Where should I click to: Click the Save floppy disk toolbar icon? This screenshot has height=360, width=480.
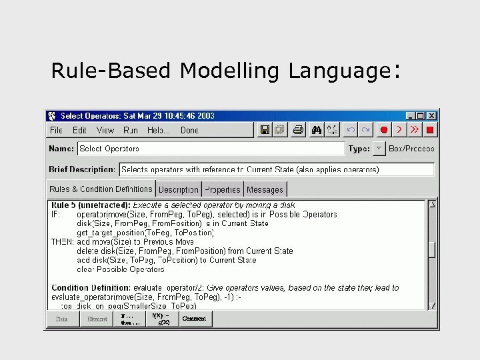265,129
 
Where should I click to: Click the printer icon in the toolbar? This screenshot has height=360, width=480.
299,129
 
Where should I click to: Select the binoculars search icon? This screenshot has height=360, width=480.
317,129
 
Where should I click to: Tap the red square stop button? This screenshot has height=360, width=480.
430,129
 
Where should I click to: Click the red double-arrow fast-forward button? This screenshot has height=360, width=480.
415,129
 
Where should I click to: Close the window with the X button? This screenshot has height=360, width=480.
431,115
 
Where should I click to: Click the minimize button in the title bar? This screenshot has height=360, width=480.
411,115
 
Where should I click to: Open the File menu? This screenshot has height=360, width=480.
56,130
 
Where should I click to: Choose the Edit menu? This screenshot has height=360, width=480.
79,130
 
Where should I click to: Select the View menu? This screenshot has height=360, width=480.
105,130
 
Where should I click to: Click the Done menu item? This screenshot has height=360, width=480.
189,130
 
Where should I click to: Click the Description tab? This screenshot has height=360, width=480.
179,189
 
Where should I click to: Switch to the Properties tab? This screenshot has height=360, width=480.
223,189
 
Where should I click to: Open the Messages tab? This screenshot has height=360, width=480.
265,189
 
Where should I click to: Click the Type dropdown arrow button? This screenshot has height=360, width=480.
379,149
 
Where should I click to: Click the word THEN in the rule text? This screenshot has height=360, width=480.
62,241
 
